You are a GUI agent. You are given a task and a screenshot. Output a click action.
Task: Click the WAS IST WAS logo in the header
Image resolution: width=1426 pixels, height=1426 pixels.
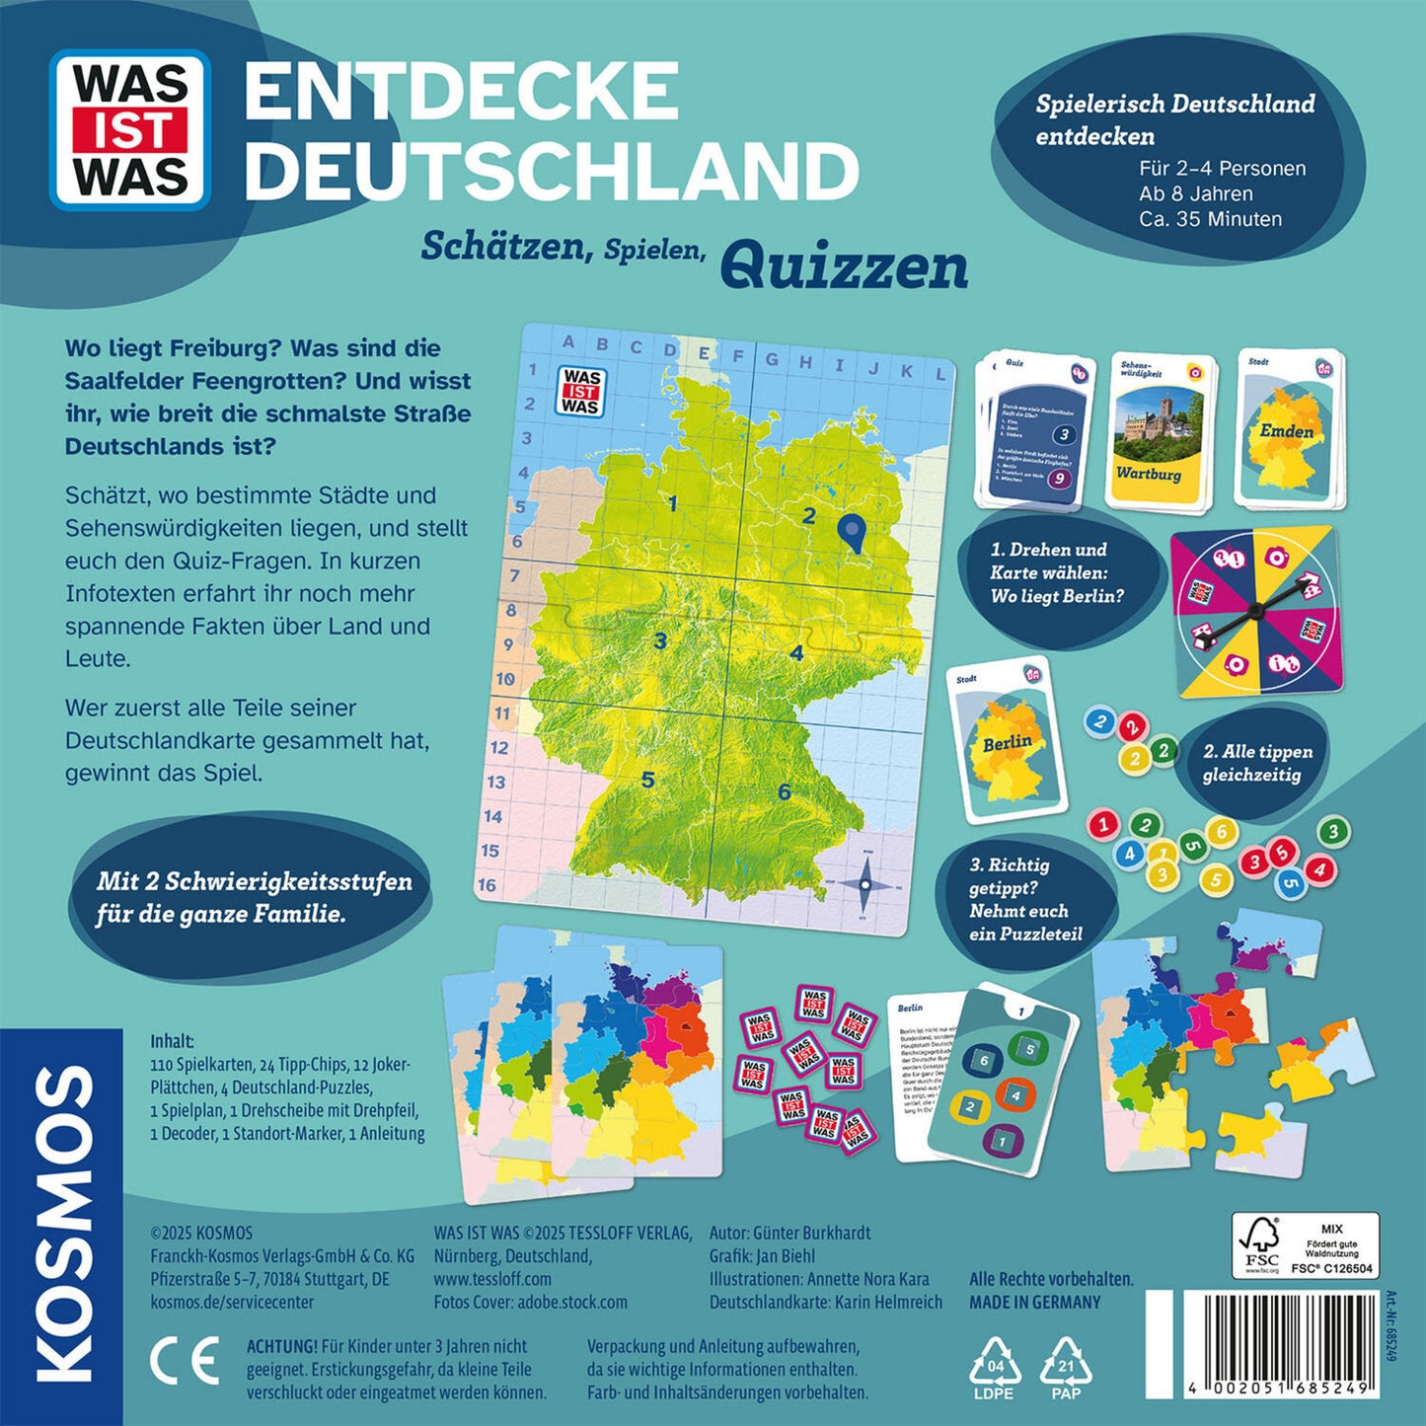coord(130,129)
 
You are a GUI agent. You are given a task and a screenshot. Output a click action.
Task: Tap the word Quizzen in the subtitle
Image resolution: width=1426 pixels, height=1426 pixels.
coord(844,267)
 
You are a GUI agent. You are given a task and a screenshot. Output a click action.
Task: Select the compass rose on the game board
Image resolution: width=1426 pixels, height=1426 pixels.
coord(865,884)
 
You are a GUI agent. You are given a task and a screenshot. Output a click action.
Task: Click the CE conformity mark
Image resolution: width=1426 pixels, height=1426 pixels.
coord(184,1363)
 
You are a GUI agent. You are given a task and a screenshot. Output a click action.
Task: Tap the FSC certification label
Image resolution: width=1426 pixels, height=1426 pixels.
coord(1305,1246)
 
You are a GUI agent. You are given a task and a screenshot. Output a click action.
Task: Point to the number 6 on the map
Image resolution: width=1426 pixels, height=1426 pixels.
coord(785,791)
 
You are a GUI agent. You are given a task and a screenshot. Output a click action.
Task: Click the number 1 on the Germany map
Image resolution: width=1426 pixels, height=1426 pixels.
coord(673,504)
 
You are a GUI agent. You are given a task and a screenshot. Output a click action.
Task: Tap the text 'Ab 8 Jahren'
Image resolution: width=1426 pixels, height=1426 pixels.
coord(1195,193)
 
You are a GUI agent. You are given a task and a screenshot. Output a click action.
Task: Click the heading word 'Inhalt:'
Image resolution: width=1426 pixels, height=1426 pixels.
coord(172,1041)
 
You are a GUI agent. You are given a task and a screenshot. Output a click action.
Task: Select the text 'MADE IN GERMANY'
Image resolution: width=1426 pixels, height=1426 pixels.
coord(1034,1302)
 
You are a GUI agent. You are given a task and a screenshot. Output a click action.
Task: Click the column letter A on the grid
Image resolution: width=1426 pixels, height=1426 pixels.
coord(567,342)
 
